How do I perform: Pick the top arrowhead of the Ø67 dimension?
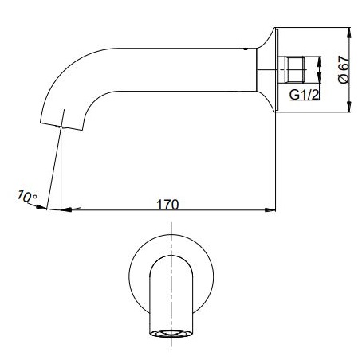click(x=350, y=31)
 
